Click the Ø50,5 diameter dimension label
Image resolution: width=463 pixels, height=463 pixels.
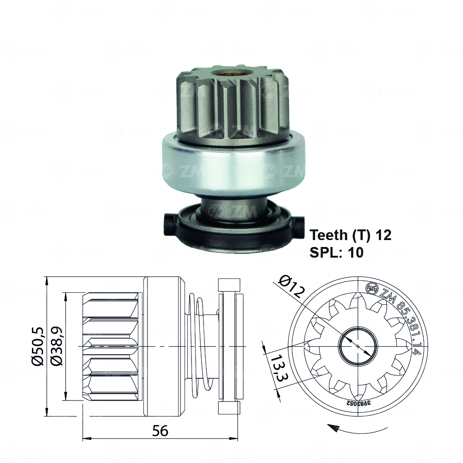[x=38, y=346]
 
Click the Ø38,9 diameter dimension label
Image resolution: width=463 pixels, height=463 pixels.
[x=56, y=346]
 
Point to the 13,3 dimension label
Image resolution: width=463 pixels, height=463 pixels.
[x=276, y=368]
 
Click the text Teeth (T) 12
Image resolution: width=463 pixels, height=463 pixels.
[x=351, y=235]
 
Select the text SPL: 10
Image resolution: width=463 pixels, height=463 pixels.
[x=336, y=252]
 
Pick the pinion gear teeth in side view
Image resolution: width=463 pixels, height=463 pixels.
[x=111, y=346]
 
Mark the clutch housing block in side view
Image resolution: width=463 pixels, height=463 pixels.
[x=164, y=346]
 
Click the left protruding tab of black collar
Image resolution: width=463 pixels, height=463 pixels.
[x=170, y=221]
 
